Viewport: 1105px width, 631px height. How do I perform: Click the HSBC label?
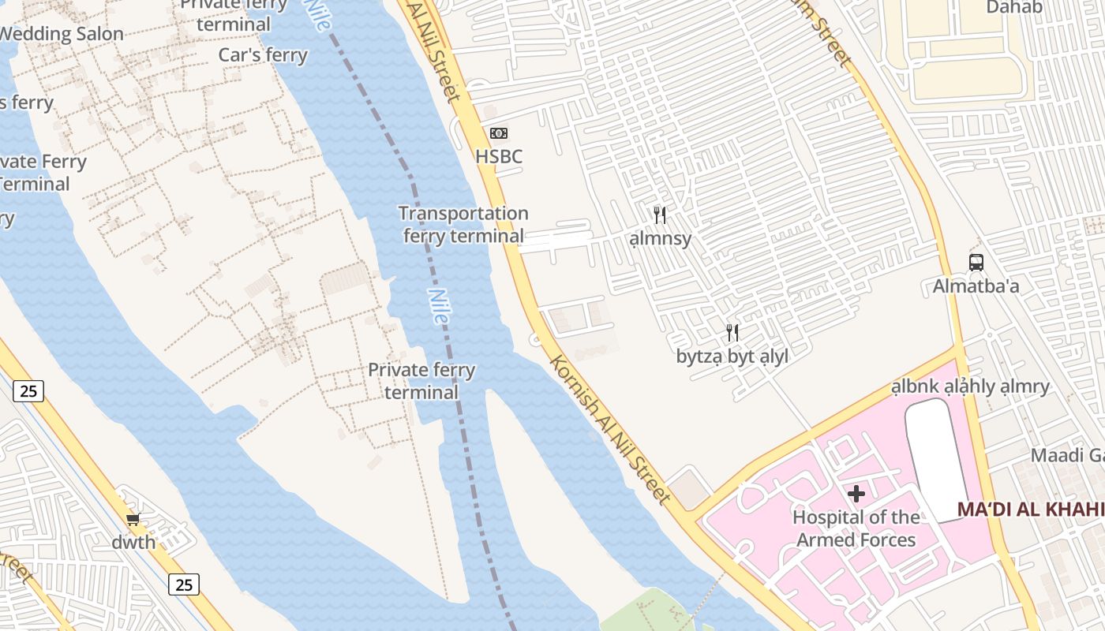(499, 156)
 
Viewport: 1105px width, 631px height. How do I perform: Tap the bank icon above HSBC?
(499, 133)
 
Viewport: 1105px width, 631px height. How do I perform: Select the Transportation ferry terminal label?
(463, 224)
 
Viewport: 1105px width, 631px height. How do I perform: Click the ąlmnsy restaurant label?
(661, 238)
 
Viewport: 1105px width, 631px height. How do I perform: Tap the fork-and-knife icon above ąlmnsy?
(660, 215)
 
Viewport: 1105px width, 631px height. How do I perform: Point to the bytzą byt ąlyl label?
(732, 357)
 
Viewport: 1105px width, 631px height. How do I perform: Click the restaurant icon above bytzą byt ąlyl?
(732, 333)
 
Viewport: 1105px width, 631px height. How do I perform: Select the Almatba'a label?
(976, 286)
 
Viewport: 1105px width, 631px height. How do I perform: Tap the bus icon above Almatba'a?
(976, 262)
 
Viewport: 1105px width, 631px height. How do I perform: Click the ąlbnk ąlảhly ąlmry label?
(971, 386)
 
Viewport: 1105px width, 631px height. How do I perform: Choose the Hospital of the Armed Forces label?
(856, 528)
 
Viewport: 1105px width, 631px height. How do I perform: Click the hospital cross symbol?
(856, 495)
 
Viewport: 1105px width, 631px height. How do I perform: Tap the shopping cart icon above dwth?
(133, 519)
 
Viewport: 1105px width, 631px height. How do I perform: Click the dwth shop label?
(133, 543)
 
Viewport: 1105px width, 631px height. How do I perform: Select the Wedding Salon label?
(62, 34)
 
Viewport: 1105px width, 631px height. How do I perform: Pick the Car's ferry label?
(263, 55)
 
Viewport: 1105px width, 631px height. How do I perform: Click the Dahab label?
(1014, 8)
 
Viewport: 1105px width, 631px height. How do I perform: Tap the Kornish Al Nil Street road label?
(609, 430)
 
